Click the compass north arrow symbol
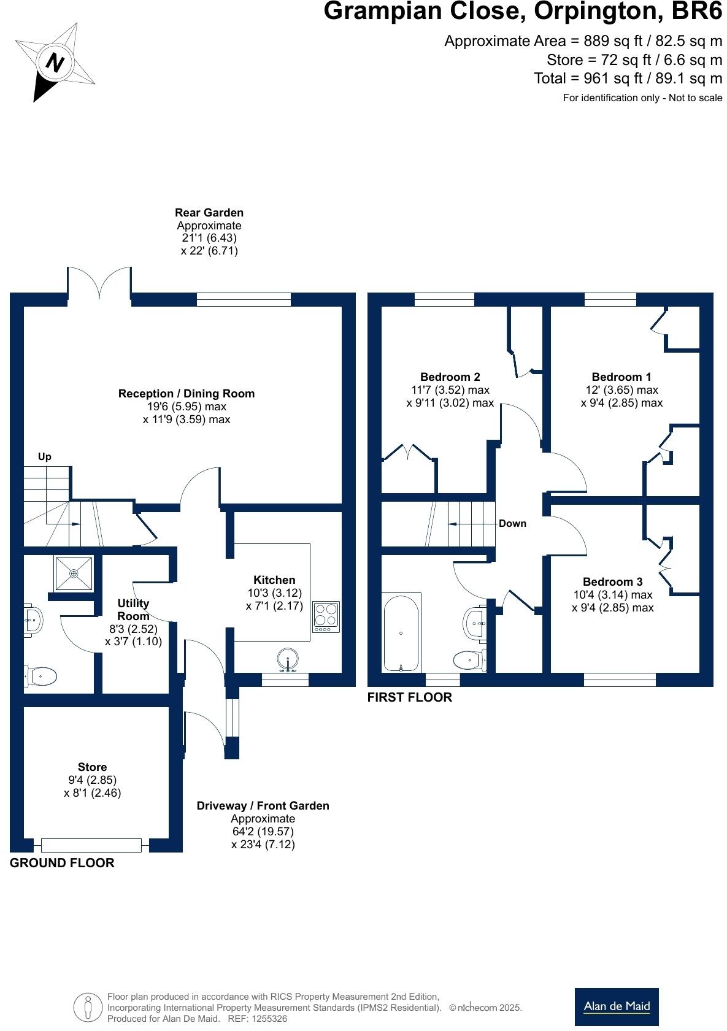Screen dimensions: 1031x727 (55, 62)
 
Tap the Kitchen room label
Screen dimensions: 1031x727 (274, 580)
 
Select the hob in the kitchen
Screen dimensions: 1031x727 (326, 616)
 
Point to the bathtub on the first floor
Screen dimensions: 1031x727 (401, 632)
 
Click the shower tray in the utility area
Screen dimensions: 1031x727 (74, 573)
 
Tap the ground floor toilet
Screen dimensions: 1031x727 (40, 676)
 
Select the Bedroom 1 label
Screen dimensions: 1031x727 (621, 377)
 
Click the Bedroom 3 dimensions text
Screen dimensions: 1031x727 (612, 602)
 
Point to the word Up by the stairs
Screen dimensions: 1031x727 (44, 456)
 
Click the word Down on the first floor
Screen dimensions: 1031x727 (512, 523)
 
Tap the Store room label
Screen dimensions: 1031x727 (92, 767)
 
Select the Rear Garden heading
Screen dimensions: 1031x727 (209, 212)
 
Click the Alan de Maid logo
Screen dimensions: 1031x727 (617, 1006)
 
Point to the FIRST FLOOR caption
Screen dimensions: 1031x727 (409, 697)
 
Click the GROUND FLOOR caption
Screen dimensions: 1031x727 (62, 862)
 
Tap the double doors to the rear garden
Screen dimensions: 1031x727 (99, 283)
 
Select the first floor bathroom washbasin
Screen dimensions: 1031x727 (475, 624)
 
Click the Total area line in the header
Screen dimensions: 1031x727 (628, 79)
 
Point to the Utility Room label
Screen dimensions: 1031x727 (133, 610)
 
